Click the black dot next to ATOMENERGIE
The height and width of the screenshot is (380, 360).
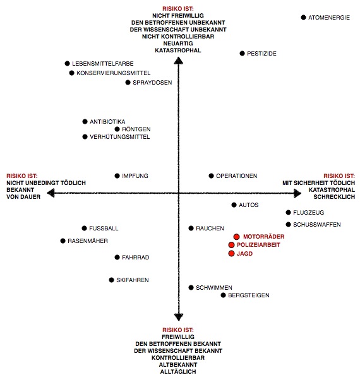tap(303, 18)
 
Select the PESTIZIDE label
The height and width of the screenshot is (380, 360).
tap(261, 54)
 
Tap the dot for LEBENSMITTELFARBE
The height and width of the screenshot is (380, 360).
tap(67, 64)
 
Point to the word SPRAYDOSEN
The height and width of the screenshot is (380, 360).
tap(152, 83)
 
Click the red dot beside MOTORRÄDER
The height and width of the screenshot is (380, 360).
tap(236, 237)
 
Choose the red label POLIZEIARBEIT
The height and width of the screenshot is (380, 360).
tap(258, 245)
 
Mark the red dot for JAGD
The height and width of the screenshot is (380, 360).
tap(231, 254)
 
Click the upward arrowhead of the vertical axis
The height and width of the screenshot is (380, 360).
tap(179, 61)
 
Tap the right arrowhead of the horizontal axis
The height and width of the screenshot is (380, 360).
tap(297, 193)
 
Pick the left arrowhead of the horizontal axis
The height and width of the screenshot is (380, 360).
tap(51, 193)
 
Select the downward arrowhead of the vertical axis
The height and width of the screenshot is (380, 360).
tap(179, 317)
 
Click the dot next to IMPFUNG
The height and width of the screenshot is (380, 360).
tap(117, 176)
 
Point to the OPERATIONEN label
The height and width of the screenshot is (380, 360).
tap(237, 176)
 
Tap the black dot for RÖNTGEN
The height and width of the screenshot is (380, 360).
tap(117, 129)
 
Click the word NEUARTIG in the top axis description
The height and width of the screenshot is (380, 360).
tap(178, 44)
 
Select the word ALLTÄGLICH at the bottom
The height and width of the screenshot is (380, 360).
tap(178, 372)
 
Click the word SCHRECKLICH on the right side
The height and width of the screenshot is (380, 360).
tap(334, 197)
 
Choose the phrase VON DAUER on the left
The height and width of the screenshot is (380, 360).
tap(23, 197)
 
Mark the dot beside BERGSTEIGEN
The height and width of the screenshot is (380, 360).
tap(223, 295)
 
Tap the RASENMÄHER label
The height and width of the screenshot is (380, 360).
tap(88, 241)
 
